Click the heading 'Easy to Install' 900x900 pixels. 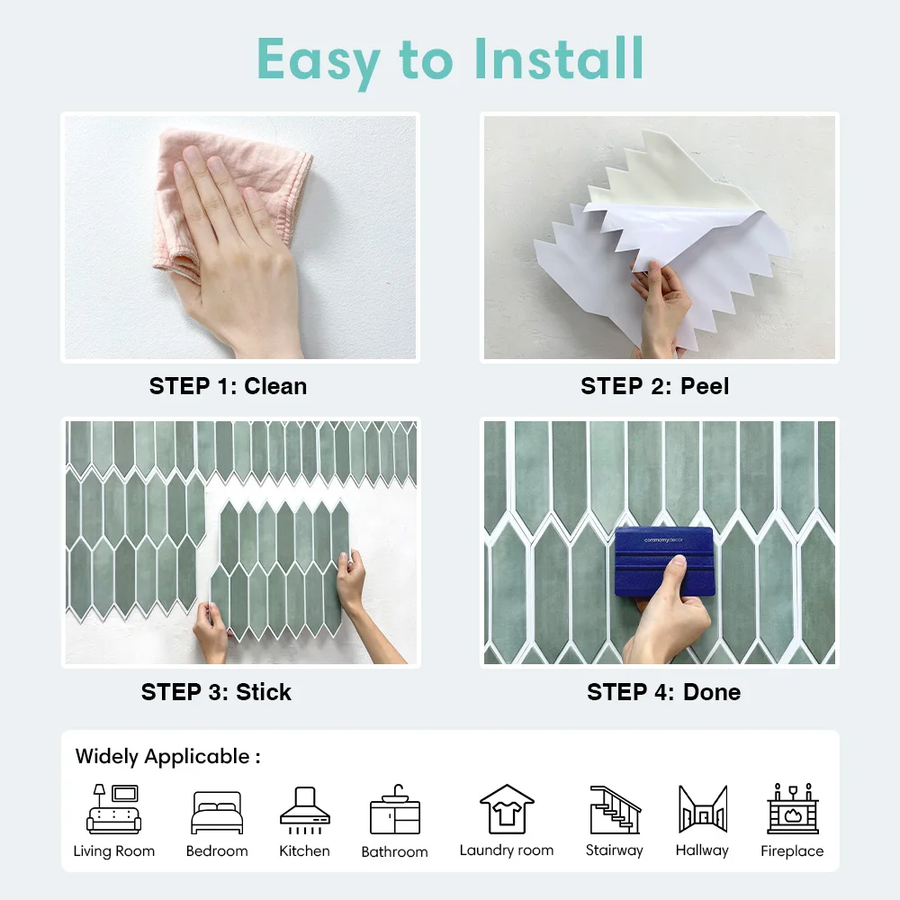click(x=450, y=59)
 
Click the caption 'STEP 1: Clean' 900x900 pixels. click(x=228, y=386)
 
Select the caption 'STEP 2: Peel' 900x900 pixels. click(x=654, y=386)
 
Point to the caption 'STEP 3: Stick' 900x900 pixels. click(x=216, y=692)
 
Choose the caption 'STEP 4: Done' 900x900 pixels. click(x=663, y=692)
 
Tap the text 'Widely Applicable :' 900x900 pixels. click(x=167, y=756)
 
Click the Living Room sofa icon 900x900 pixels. click(x=113, y=809)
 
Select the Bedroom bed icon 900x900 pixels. click(x=217, y=813)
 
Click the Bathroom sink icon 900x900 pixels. click(x=394, y=810)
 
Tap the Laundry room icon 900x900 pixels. click(x=506, y=809)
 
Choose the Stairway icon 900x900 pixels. click(x=615, y=810)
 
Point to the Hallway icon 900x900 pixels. click(x=702, y=810)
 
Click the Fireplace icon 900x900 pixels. click(x=792, y=809)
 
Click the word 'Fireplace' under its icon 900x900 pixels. click(x=792, y=850)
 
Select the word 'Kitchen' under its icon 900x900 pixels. click(x=304, y=850)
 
